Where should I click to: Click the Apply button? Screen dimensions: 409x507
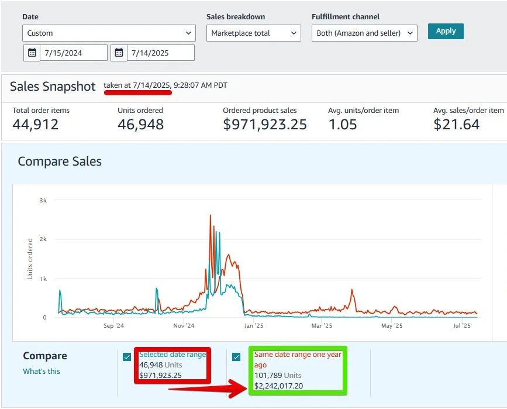[446, 31]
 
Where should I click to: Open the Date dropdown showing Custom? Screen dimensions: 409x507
[109, 33]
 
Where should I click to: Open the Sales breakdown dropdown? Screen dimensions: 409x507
[253, 33]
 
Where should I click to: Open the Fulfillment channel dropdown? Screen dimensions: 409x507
[364, 33]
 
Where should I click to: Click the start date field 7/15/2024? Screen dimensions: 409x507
[74, 53]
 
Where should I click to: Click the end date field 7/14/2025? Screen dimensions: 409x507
[160, 53]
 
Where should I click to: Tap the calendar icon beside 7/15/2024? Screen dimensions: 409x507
[32, 53]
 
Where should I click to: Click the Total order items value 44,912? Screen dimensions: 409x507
[36, 124]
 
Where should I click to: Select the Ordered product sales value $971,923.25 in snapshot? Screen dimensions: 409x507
[265, 124]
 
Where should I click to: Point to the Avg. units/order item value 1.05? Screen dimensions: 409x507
[343, 124]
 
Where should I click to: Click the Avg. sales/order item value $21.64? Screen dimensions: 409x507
[456, 124]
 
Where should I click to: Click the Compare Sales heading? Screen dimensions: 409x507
[60, 161]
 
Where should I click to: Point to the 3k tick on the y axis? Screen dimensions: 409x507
[43, 200]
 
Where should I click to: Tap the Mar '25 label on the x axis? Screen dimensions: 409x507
[321, 326]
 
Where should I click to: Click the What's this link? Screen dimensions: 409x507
[42, 371]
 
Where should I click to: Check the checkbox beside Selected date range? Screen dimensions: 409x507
[127, 357]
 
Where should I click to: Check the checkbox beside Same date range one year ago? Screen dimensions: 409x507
[236, 357]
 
